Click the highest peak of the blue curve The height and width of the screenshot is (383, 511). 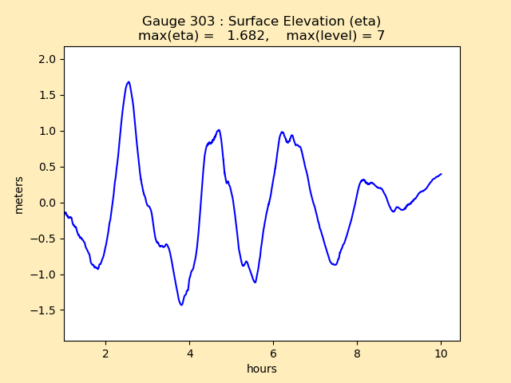pyautogui.click(x=129, y=81)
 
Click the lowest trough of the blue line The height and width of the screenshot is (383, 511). pyautogui.click(x=181, y=305)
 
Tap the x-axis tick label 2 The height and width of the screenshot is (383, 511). pyautogui.click(x=106, y=353)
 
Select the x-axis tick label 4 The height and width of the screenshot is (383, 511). pyautogui.click(x=190, y=353)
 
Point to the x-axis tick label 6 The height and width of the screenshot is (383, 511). pyautogui.click(x=274, y=353)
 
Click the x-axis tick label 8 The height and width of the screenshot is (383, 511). pyautogui.click(x=357, y=353)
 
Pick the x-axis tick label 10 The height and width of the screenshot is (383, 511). pyautogui.click(x=441, y=353)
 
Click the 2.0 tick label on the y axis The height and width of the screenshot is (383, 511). pyautogui.click(x=47, y=59)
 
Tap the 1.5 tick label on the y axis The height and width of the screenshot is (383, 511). pyautogui.click(x=47, y=95)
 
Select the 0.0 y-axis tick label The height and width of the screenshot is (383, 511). pyautogui.click(x=47, y=203)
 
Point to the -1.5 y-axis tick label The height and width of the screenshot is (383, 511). pyautogui.click(x=44, y=310)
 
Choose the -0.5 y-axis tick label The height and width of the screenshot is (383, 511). pyautogui.click(x=44, y=239)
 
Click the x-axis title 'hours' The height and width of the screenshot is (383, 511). pyautogui.click(x=262, y=369)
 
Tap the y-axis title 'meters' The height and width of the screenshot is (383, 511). pyautogui.click(x=19, y=195)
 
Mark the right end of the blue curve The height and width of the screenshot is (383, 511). pyautogui.click(x=441, y=174)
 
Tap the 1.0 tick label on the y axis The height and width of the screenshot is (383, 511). pyautogui.click(x=47, y=131)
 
